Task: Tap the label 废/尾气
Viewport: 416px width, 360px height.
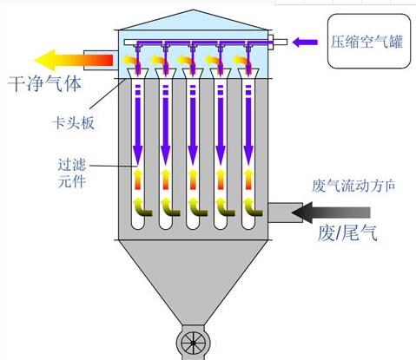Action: point(348,232)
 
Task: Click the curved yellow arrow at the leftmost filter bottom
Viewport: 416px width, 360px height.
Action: point(139,208)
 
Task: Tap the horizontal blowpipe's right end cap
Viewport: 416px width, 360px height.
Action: point(272,41)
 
